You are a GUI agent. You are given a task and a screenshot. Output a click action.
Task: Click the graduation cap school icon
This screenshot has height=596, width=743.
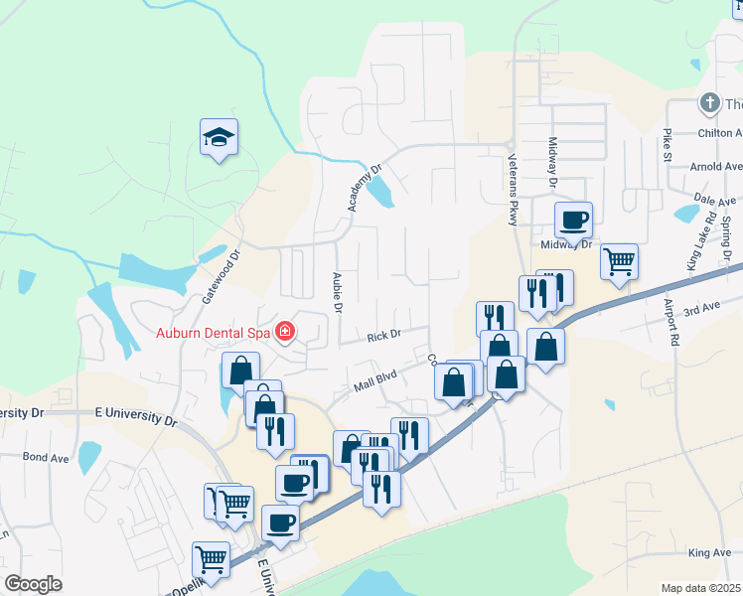point(220,138)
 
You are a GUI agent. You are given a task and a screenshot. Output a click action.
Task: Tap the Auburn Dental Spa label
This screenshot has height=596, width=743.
point(212,332)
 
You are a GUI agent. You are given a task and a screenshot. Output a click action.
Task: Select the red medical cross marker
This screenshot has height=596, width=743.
point(286,331)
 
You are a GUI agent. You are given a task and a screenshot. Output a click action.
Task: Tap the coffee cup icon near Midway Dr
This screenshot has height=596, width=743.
point(573,219)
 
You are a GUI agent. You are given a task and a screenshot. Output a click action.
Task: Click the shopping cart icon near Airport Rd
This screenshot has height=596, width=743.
point(619,261)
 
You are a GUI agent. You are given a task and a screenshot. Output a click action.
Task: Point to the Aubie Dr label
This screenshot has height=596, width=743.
point(338,293)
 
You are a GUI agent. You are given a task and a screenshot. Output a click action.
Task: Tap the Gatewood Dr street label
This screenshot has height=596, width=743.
point(222,276)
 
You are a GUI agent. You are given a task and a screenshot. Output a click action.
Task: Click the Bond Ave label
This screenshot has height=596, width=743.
point(46,458)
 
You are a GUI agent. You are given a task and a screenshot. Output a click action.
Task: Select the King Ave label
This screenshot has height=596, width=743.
point(708,553)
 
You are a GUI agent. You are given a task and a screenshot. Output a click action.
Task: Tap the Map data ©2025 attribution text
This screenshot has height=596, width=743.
point(700,588)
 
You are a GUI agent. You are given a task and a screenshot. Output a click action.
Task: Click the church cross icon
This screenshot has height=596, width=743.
point(709,103)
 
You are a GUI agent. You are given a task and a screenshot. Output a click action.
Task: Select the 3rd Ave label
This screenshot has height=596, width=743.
point(700,309)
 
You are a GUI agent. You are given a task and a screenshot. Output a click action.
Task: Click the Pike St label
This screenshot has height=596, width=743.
point(667,144)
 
